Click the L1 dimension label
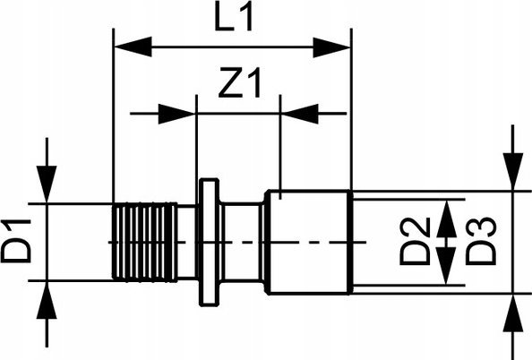[x=234, y=18]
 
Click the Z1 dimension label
[x=240, y=82]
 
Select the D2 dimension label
[x=415, y=241]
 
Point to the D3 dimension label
[x=481, y=241]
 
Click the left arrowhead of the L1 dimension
[x=133, y=47]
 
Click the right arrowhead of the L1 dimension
[x=331, y=47]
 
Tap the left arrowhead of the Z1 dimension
[x=176, y=114]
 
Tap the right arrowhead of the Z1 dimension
[x=300, y=114]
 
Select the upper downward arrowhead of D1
[x=47, y=184]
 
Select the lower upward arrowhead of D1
[x=47, y=300]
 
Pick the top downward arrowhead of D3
[x=513, y=171]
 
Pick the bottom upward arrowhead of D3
[x=513, y=313]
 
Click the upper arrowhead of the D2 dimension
[x=447, y=219]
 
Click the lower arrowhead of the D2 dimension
[x=447, y=265]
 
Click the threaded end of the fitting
[x=145, y=243]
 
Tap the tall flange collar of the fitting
[x=209, y=243]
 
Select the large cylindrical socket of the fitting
[x=309, y=243]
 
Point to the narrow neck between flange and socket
[x=242, y=243]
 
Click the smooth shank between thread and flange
[x=187, y=243]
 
